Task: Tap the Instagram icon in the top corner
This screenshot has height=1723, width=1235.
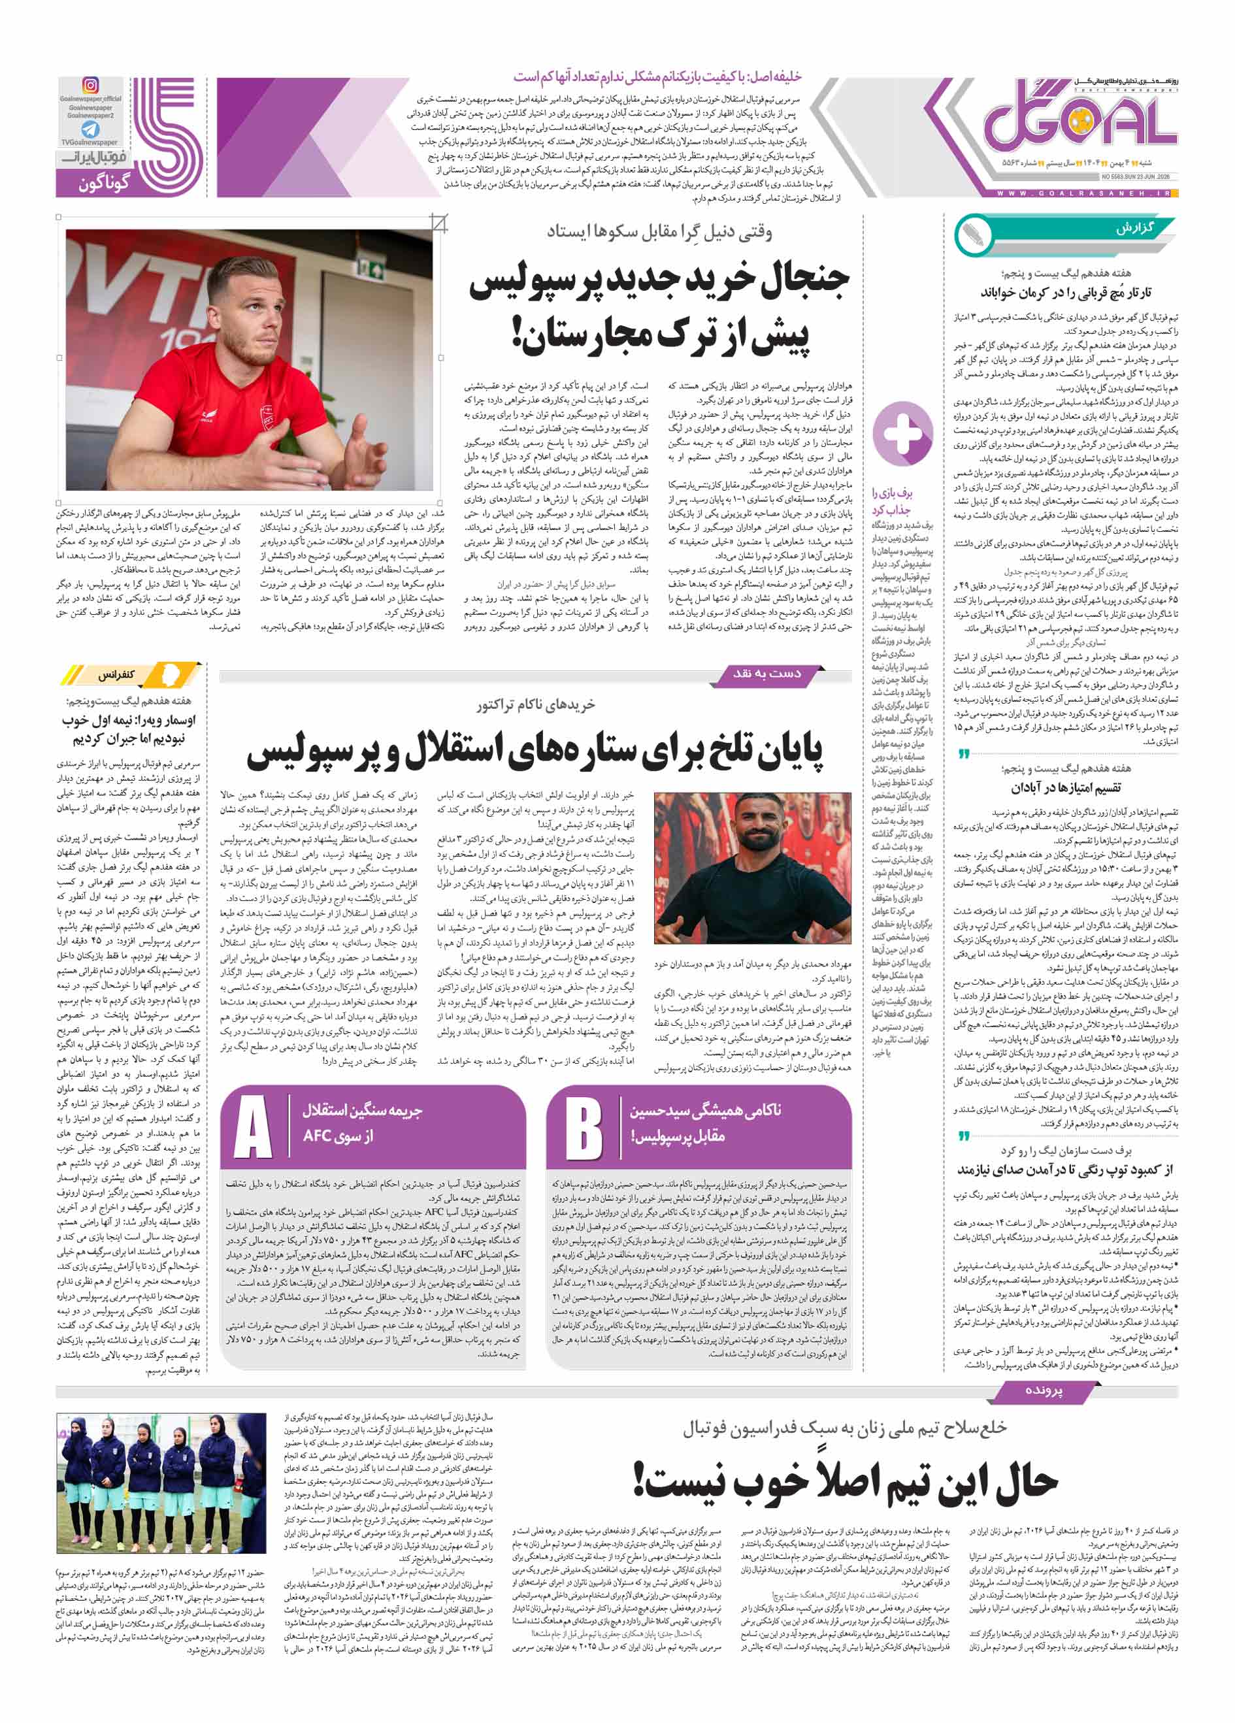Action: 90,86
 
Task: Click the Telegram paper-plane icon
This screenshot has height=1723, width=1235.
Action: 90,129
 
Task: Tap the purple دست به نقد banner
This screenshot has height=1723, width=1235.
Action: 766,674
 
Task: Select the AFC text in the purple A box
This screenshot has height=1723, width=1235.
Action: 318,1136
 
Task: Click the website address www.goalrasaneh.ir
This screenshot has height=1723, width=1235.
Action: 1085,195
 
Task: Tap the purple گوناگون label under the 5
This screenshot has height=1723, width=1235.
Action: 104,183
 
